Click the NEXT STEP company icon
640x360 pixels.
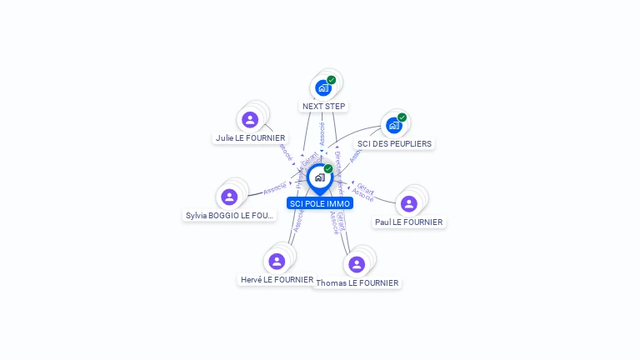pyautogui.click(x=323, y=87)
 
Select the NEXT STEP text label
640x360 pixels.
pyautogui.click(x=323, y=107)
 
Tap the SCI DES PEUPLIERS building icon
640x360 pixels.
pyautogui.click(x=394, y=125)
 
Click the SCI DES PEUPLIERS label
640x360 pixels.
pyautogui.click(x=394, y=144)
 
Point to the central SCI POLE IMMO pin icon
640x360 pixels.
pyautogui.click(x=319, y=177)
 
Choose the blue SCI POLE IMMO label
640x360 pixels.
pyautogui.click(x=320, y=203)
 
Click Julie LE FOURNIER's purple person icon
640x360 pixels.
pyautogui.click(x=250, y=119)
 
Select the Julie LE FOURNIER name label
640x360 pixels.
pyautogui.click(x=250, y=138)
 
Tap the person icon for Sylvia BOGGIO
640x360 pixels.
pyautogui.click(x=229, y=197)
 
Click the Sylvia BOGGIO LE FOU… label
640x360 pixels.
pyautogui.click(x=229, y=216)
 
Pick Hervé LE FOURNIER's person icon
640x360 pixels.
pyautogui.click(x=277, y=261)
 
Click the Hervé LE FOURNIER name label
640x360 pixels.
pyautogui.click(x=277, y=280)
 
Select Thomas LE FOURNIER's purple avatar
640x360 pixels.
pyautogui.click(x=357, y=264)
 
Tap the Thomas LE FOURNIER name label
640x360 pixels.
pyautogui.click(x=357, y=283)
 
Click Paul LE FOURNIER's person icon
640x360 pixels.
pyautogui.click(x=408, y=203)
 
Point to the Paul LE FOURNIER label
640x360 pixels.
pyautogui.click(x=409, y=222)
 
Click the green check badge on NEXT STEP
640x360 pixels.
pyautogui.click(x=332, y=80)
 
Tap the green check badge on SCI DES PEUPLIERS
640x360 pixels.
pyautogui.click(x=402, y=117)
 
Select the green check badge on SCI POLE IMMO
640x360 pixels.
pyautogui.click(x=328, y=168)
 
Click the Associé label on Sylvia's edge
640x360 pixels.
pyautogui.click(x=275, y=190)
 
